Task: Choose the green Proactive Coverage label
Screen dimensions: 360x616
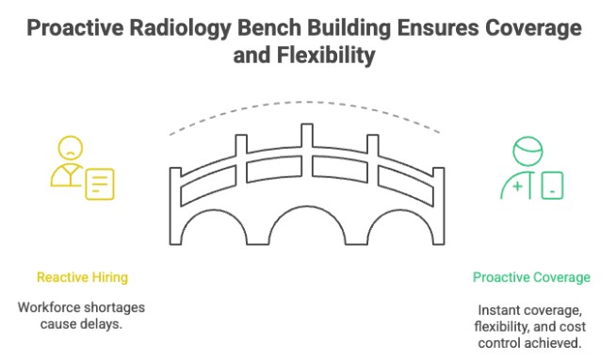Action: [x=531, y=277]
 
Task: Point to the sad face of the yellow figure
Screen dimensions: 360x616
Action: [x=72, y=148]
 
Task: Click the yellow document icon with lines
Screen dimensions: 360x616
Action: [x=99, y=183]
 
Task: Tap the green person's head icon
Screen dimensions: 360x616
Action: [x=528, y=151]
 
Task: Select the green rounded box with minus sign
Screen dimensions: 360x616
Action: [x=552, y=185]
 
